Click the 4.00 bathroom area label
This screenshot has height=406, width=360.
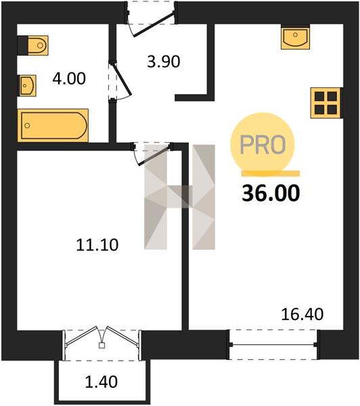point(69,78)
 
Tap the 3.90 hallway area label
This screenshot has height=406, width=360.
point(164,62)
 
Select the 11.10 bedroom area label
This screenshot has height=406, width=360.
point(97,245)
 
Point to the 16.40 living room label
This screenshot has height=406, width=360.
point(302,315)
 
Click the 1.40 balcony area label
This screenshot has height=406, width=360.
point(102,382)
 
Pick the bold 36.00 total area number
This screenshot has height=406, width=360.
point(271,194)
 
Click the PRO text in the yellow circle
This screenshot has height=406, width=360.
point(263,144)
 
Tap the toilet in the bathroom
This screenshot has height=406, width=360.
point(38,45)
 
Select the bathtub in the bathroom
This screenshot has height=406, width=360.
point(53,126)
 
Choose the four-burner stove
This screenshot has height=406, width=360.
point(325,103)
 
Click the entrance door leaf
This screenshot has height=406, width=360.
point(153,24)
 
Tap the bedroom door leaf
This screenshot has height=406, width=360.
point(154,155)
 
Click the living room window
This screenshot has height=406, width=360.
point(273,344)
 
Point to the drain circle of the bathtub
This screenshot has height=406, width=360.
point(27,126)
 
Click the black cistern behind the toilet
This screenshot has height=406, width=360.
point(22,45)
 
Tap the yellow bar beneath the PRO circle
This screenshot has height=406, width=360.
point(271,173)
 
